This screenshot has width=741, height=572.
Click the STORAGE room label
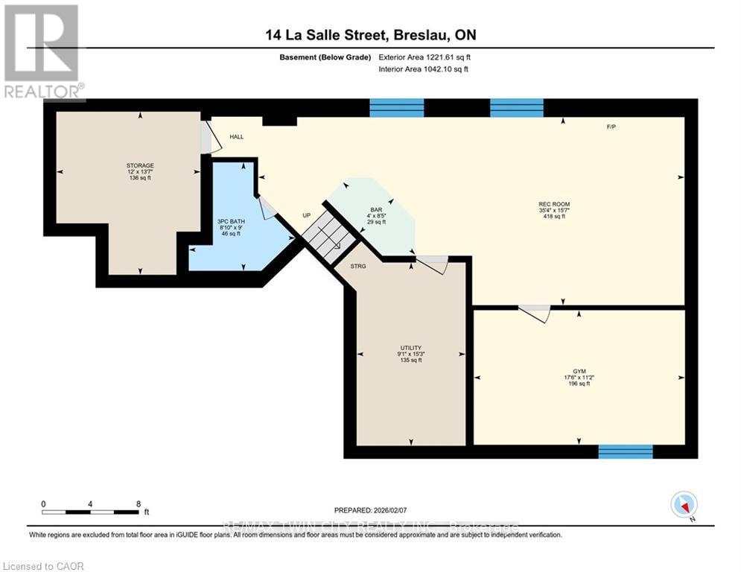pyautogui.click(x=139, y=165)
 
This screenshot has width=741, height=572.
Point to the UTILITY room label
pyautogui.click(x=411, y=348)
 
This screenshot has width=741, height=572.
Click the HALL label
pyautogui.click(x=236, y=137)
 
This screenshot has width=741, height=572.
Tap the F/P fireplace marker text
pyautogui.click(x=611, y=127)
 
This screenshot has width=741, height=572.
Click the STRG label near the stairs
pyautogui.click(x=358, y=265)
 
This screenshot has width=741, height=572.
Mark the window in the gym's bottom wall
pyautogui.click(x=626, y=451)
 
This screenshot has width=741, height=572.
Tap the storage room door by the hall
pyautogui.click(x=208, y=139)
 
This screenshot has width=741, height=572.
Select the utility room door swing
pyautogui.click(x=431, y=264)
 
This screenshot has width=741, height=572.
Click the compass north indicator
pyautogui.click(x=683, y=506)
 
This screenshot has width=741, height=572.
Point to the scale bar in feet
pyautogui.click(x=91, y=512)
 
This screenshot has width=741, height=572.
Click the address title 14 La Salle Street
pyautogui.click(x=370, y=35)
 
